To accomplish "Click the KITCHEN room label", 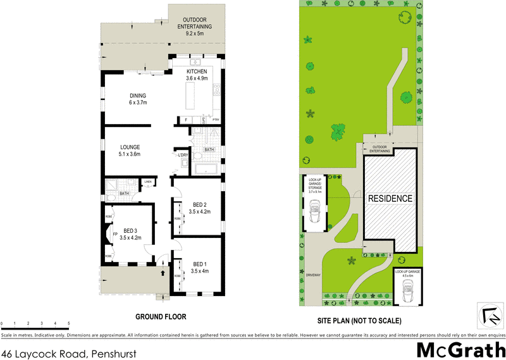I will pos(197,72).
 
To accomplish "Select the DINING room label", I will pos(138,96).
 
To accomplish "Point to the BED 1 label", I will pos(200,263).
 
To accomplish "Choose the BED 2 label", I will pos(200,204).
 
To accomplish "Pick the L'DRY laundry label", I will pos(183,155).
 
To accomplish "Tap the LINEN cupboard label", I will pos(148,182).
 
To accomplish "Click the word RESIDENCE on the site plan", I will pos(390,199).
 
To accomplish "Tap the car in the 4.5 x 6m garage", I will pos(407,292).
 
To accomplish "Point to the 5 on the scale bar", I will pos(68,323).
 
